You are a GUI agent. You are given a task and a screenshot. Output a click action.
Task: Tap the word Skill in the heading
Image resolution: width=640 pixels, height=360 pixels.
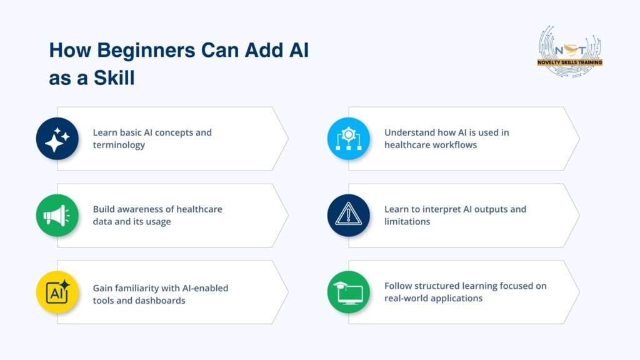click(x=114, y=77)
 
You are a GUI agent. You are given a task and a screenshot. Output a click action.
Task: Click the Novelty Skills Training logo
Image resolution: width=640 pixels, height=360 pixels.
click(x=570, y=52)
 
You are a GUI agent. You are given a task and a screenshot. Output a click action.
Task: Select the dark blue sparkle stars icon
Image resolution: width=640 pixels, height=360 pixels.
click(x=57, y=139)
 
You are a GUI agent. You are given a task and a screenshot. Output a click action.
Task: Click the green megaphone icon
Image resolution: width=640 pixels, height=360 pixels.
click(x=57, y=215)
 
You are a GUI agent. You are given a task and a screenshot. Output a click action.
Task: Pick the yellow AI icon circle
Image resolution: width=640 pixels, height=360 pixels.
click(x=57, y=292)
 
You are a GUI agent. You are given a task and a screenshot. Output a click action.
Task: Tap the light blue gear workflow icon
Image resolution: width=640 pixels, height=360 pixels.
click(x=349, y=139)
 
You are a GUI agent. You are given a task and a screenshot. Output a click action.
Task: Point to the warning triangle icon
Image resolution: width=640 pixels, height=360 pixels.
click(x=349, y=215)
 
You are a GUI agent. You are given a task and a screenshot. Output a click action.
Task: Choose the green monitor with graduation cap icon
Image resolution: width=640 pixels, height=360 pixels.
click(x=349, y=292)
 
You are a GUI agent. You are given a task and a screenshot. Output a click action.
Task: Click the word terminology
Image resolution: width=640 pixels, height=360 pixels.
click(x=119, y=145)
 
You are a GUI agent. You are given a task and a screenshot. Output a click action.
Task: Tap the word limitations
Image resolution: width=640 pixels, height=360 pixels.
click(x=407, y=222)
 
